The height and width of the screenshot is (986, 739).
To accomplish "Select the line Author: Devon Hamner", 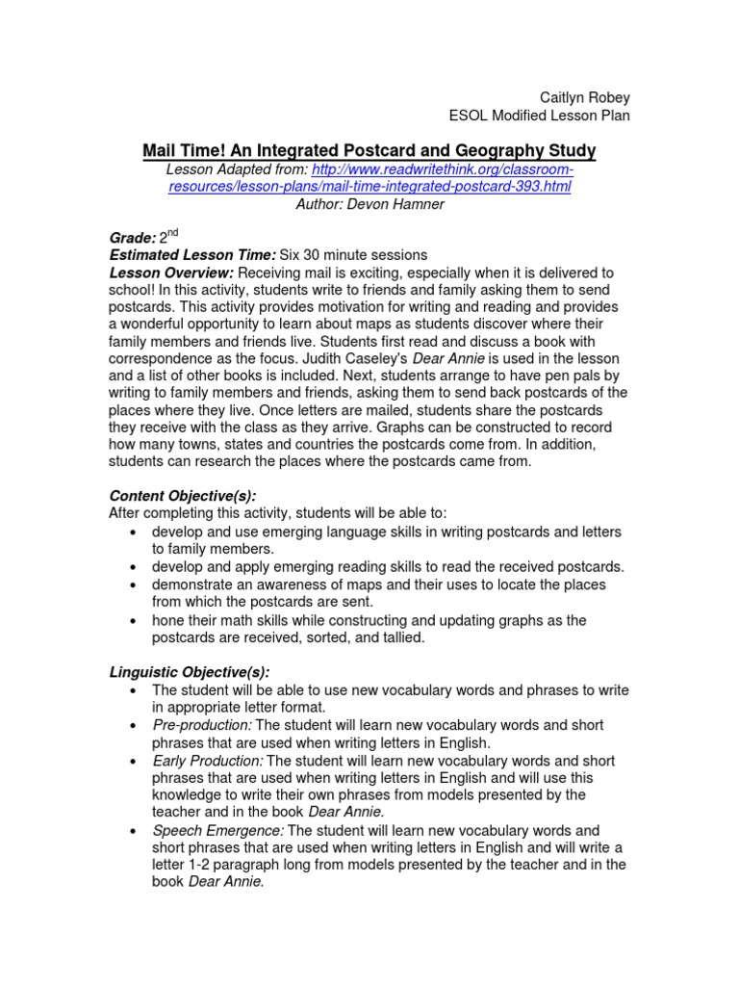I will click(369, 203).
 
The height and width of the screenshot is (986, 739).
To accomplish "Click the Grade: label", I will click(132, 238).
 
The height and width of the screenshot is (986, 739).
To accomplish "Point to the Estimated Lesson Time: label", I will click(192, 255).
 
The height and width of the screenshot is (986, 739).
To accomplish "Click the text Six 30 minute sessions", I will click(353, 255).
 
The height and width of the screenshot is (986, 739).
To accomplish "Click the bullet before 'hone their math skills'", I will click(129, 620).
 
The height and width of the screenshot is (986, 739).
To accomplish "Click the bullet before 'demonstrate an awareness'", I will click(129, 584).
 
